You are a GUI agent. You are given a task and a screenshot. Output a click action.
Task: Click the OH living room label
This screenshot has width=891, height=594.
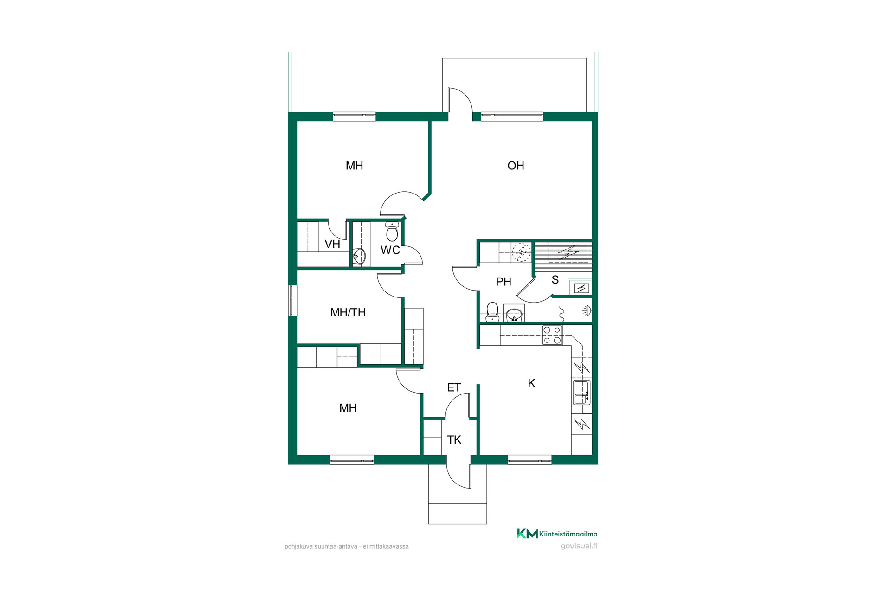click(x=516, y=166)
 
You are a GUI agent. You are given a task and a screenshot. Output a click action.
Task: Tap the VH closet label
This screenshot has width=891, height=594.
click(x=332, y=244)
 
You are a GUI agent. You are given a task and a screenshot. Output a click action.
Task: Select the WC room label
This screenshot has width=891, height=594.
click(x=390, y=250)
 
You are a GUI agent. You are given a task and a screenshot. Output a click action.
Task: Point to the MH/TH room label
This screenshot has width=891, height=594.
click(x=348, y=312)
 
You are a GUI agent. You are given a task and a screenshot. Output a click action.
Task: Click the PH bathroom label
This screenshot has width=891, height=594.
click(x=504, y=282)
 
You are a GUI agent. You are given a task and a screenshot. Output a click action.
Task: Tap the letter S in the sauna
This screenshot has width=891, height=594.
click(x=555, y=280)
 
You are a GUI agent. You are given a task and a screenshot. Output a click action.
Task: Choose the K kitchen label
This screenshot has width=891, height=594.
click(x=532, y=383)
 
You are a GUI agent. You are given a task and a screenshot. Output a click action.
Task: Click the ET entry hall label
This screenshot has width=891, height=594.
click(x=454, y=387)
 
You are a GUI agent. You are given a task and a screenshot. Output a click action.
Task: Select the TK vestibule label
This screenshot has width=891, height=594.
click(x=454, y=439)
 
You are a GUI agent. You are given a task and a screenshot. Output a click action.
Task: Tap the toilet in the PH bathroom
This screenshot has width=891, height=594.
click(x=492, y=312)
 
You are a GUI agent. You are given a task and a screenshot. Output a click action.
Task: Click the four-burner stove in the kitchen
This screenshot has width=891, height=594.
click(x=552, y=335)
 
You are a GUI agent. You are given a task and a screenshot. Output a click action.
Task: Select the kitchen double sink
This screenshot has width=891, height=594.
click(x=582, y=392)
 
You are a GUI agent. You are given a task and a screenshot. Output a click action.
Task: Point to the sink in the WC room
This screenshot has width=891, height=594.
click(x=359, y=256)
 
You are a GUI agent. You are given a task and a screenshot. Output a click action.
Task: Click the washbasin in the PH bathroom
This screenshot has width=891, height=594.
click(x=514, y=315)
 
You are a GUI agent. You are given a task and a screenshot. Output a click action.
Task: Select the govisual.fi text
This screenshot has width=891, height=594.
click(x=579, y=546)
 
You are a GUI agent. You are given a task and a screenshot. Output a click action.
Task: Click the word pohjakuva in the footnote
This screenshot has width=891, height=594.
click(x=299, y=547)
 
